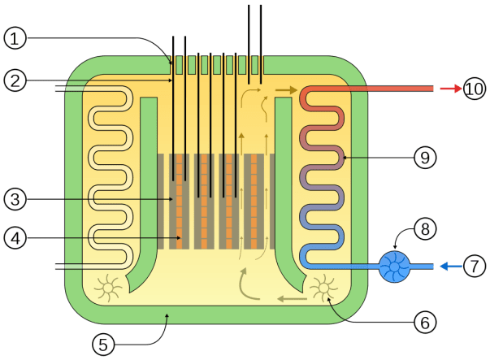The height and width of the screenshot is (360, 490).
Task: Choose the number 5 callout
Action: pyautogui.click(x=103, y=344)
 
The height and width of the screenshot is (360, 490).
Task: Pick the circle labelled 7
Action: pyautogui.click(x=475, y=266)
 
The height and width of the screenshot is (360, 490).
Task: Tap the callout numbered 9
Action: pyautogui.click(x=423, y=158)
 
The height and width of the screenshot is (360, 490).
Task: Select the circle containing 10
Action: pyautogui.click(x=475, y=88)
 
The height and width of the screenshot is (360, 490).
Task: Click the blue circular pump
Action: pyautogui.click(x=396, y=266)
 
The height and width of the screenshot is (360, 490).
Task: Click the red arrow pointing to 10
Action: pyautogui.click(x=449, y=88)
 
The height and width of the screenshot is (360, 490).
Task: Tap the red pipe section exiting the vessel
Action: pyautogui.click(x=390, y=89)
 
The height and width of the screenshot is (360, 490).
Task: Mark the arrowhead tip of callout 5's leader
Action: pyautogui.click(x=167, y=314)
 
